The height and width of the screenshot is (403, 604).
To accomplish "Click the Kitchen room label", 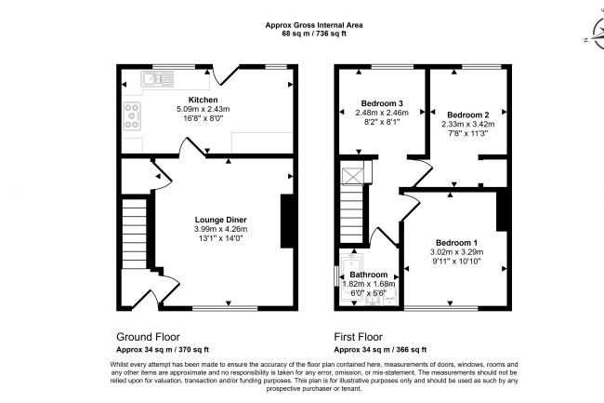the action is pyautogui.click(x=203, y=100).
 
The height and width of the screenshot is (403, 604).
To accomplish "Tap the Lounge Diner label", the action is pyautogui.click(x=221, y=220).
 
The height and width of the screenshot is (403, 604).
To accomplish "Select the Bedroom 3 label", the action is pyautogui.click(x=382, y=103).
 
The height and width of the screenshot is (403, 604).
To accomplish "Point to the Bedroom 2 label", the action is pyautogui.click(x=468, y=114).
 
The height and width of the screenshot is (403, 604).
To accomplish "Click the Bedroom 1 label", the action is pyautogui.click(x=456, y=243).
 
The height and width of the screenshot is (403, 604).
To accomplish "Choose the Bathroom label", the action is pyautogui.click(x=369, y=275).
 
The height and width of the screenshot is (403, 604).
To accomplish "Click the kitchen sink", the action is pyautogui.click(x=157, y=79).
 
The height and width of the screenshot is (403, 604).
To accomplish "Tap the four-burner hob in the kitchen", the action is pyautogui.click(x=132, y=115).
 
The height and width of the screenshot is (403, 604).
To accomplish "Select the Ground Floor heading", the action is pyautogui.click(x=148, y=337).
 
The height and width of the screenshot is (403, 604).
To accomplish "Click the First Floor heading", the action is pyautogui.click(x=359, y=337).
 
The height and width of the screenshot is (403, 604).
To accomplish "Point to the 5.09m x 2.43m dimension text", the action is pyautogui.click(x=203, y=109).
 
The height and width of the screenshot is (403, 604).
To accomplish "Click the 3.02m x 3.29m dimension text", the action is pyautogui.click(x=456, y=252).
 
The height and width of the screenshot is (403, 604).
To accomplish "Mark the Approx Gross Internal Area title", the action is pyautogui.click(x=314, y=25).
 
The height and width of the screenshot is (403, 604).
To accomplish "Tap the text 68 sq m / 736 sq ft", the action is pyautogui.click(x=314, y=34).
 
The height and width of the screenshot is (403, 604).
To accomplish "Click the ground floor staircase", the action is pyautogui.click(x=134, y=234).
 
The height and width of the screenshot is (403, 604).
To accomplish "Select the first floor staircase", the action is pyautogui.click(x=352, y=213).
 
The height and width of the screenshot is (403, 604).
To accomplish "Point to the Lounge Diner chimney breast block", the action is pyautogui.click(x=287, y=221).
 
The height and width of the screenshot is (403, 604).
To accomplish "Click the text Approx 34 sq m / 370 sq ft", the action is pyautogui.click(x=163, y=350).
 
